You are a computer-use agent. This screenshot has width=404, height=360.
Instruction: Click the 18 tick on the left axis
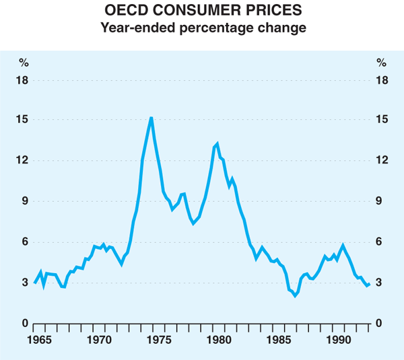coord(24,80)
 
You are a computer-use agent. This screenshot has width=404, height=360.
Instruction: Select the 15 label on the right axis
coord(381,120)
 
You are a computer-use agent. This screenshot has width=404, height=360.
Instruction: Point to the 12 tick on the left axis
coord(24,161)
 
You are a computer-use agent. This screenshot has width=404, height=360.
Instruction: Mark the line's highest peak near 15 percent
coord(151,118)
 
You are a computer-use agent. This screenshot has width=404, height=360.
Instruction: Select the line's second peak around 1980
coord(217,144)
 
